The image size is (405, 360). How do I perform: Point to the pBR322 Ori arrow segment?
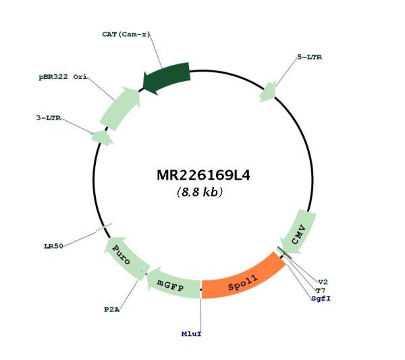click(x=121, y=108)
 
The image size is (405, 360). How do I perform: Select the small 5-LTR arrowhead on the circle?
click(x=268, y=93)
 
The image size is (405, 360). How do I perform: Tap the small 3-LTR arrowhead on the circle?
click(x=102, y=138)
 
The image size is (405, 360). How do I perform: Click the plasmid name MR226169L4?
click(x=204, y=175)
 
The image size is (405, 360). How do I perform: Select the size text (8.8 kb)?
click(x=200, y=192)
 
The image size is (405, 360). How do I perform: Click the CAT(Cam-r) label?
click(x=126, y=34)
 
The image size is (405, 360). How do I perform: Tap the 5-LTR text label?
click(x=310, y=57)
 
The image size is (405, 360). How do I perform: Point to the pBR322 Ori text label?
click(x=63, y=77)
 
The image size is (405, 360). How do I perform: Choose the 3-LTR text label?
click(x=49, y=118)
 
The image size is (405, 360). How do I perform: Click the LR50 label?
click(x=53, y=247)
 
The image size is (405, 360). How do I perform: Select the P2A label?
click(x=112, y=309)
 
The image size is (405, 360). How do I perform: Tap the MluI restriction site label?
click(x=191, y=334)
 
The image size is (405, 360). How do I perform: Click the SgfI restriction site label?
click(x=321, y=299)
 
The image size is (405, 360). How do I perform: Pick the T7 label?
click(x=321, y=290)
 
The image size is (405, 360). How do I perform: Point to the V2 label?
click(x=323, y=282)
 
